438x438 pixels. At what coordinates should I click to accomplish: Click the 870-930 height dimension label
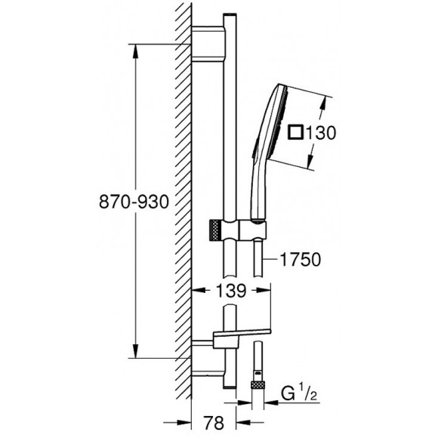click(x=134, y=202)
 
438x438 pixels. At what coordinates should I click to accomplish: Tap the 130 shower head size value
click(x=321, y=133)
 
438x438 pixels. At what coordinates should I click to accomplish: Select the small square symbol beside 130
click(x=296, y=132)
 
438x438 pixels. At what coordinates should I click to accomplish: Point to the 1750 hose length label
click(x=301, y=260)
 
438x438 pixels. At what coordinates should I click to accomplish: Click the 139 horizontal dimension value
click(x=231, y=291)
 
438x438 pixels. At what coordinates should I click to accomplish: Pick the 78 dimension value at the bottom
click(x=214, y=423)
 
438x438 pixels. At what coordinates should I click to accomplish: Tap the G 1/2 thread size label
click(x=298, y=393)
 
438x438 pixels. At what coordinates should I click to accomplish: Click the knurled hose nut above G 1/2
click(x=258, y=384)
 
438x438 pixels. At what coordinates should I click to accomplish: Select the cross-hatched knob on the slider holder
click(x=215, y=230)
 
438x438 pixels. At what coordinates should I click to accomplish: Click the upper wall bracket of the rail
click(x=208, y=44)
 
